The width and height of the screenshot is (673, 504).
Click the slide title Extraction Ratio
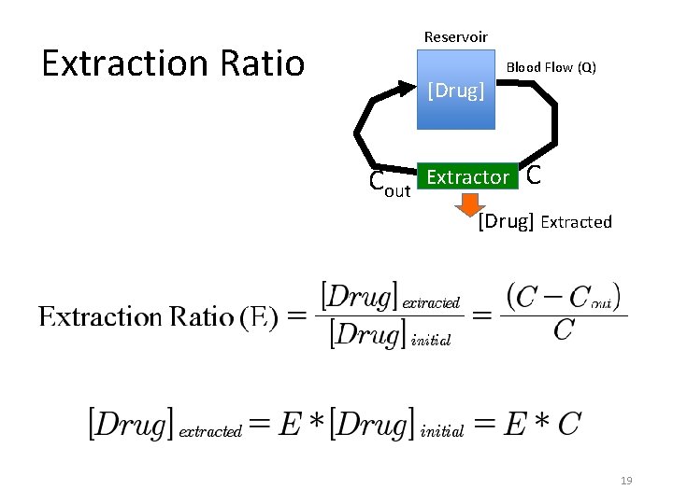pyautogui.click(x=173, y=63)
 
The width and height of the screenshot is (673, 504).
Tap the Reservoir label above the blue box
pyautogui.click(x=455, y=36)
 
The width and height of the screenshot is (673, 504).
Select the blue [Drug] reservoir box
pyautogui.click(x=455, y=90)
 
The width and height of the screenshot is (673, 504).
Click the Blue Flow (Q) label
pyautogui.click(x=551, y=67)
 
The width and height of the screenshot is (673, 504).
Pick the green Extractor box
pyautogui.click(x=467, y=176)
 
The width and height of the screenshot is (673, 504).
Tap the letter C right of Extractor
pyautogui.click(x=533, y=175)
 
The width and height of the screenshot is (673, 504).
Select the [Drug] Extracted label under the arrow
pyautogui.click(x=544, y=222)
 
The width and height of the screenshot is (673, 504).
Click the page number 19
pyautogui.click(x=626, y=481)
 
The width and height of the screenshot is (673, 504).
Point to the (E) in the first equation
pyautogui.click(x=259, y=316)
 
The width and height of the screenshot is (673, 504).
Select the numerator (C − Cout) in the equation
pyautogui.click(x=563, y=298)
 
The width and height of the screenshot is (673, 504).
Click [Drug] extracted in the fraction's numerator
pyautogui.click(x=390, y=298)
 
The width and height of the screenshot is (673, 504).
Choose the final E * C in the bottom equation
pyautogui.click(x=542, y=425)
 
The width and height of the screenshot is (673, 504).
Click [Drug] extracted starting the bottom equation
pyautogui.click(x=165, y=425)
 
